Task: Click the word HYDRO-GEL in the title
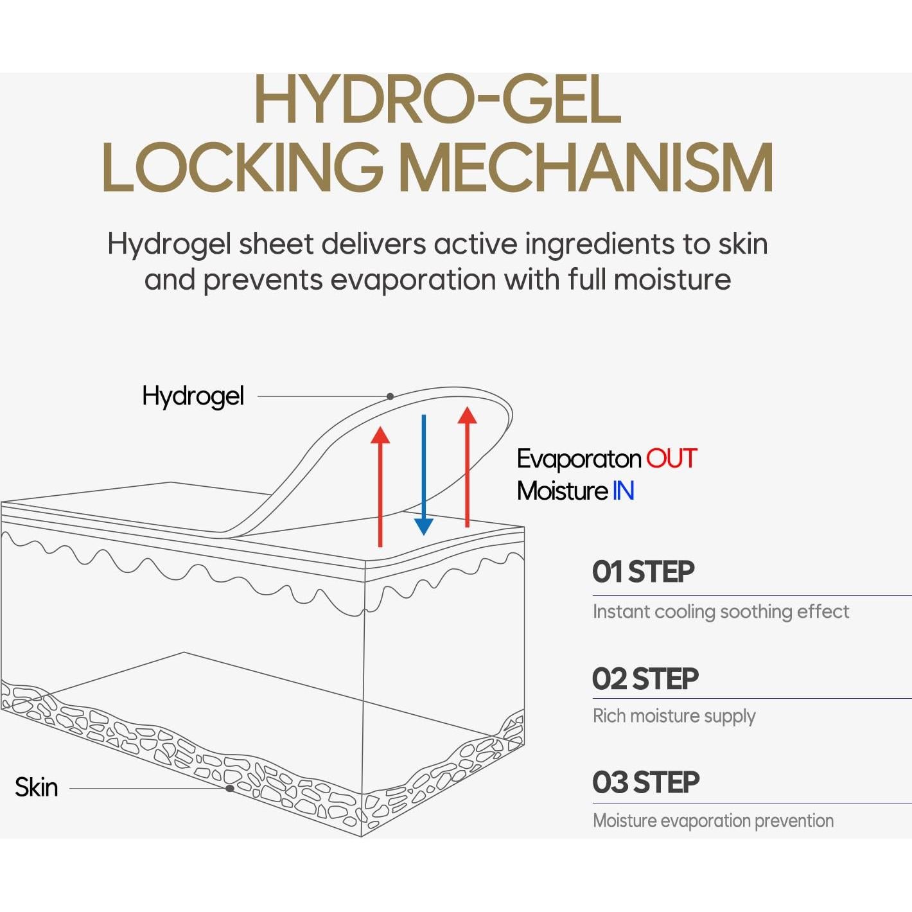coord(438,99)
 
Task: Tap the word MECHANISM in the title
coord(586,168)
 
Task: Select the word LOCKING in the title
coord(242,168)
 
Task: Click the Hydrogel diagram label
coord(193,396)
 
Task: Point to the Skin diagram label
coord(37,787)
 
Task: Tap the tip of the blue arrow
coord(424,535)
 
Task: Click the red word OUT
coord(672,458)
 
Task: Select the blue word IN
coord(623,491)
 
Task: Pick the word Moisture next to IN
coord(562,491)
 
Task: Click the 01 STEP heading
coord(643,571)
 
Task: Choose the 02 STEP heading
coord(645,678)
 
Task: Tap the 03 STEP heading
coord(645,782)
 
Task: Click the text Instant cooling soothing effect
coord(721,611)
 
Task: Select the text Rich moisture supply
coord(674,716)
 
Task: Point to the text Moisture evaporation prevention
coord(714,821)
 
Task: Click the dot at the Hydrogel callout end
coord(390,397)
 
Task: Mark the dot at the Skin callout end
coord(230,789)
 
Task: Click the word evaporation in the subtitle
coord(413,280)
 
